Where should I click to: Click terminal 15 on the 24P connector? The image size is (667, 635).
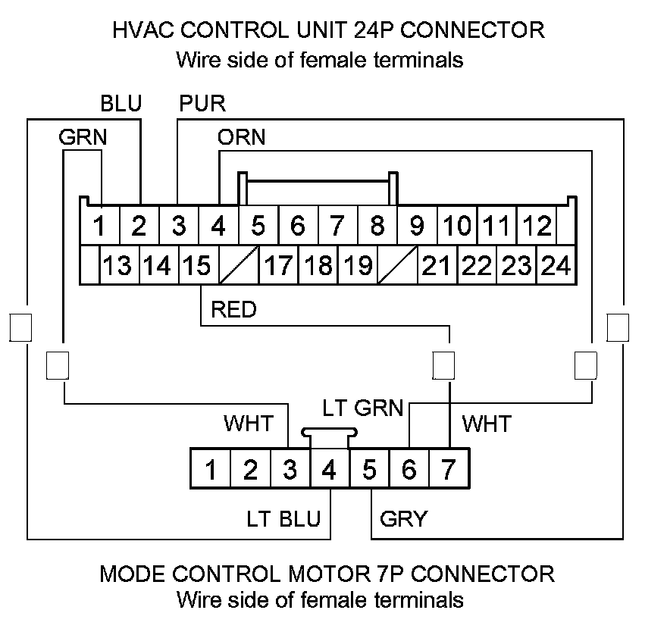(197, 266)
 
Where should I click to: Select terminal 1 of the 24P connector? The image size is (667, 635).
(99, 226)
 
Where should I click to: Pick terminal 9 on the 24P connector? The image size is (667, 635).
(416, 226)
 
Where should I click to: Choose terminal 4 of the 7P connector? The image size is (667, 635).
(329, 471)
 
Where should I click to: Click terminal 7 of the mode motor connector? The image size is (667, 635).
(448, 471)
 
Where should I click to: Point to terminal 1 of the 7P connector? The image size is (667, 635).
(210, 471)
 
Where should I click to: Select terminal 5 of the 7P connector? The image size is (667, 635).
(369, 471)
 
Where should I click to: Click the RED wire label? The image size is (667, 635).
(233, 309)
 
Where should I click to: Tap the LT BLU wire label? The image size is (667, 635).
(283, 519)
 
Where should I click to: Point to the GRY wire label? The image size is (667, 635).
(403, 519)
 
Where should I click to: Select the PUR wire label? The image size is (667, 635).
(202, 104)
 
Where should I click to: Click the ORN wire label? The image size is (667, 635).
(241, 137)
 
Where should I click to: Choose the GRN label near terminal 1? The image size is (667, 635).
(83, 137)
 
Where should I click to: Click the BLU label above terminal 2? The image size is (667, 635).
(121, 104)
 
